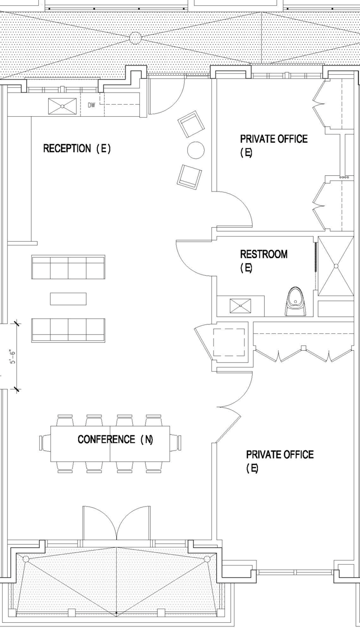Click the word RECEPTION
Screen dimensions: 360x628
[x=67, y=148]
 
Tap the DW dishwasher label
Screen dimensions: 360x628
[x=92, y=105]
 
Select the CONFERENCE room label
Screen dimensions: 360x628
[x=106, y=439]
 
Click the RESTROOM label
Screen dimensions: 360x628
[x=264, y=254]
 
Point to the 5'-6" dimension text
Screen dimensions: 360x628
[x=13, y=356]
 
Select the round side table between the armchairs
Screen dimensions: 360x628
[x=196, y=150]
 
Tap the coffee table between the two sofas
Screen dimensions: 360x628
[x=68, y=299]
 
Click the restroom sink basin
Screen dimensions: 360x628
[x=240, y=306]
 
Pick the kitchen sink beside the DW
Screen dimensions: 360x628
[x=62, y=106]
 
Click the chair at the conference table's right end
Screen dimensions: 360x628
[x=176, y=443]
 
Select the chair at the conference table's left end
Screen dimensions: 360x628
[x=45, y=443]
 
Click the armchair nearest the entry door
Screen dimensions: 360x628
[x=191, y=124]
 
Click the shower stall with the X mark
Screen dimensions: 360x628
[x=335, y=265]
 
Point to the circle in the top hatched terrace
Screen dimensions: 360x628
[x=135, y=38]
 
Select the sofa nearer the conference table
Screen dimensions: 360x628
[x=68, y=330]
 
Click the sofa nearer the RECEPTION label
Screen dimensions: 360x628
[x=68, y=267]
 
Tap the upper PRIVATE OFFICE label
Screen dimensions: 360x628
[x=274, y=145]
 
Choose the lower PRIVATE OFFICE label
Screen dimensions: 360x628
[x=279, y=461]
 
